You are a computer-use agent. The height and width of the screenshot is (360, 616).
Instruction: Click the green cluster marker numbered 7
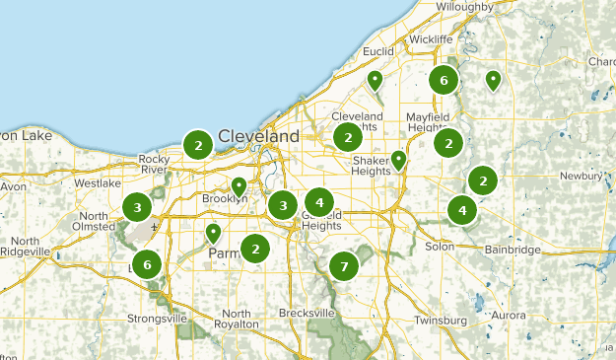coord(344,265)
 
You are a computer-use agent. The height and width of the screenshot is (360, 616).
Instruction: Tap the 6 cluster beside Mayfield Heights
coord(445,80)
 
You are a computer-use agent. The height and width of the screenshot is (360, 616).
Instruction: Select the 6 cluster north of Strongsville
coord(148,263)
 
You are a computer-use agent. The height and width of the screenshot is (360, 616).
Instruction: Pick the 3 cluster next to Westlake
coord(137,207)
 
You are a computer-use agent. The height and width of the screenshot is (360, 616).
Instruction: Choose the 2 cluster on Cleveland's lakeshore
coord(198,145)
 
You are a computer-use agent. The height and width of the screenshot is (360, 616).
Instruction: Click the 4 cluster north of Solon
coord(462,210)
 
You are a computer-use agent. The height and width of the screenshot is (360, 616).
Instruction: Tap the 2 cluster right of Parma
coord(256,249)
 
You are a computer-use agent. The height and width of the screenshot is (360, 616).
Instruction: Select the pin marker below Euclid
coord(375,80)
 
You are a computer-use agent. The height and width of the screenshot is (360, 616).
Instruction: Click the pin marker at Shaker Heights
coord(399,159)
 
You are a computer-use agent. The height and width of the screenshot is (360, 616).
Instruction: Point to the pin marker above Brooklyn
coord(239,185)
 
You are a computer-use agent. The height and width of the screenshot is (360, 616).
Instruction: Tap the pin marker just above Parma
coord(213,233)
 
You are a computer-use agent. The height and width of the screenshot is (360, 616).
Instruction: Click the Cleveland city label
coord(258,136)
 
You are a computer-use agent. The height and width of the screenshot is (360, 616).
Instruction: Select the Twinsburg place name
coord(441,321)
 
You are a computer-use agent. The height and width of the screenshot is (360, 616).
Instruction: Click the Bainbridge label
coord(512,251)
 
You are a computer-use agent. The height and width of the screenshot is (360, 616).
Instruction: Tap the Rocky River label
coord(156,164)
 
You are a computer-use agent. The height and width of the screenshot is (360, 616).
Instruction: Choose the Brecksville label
coord(307,313)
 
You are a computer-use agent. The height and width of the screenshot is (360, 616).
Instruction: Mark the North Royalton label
coord(237,319)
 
